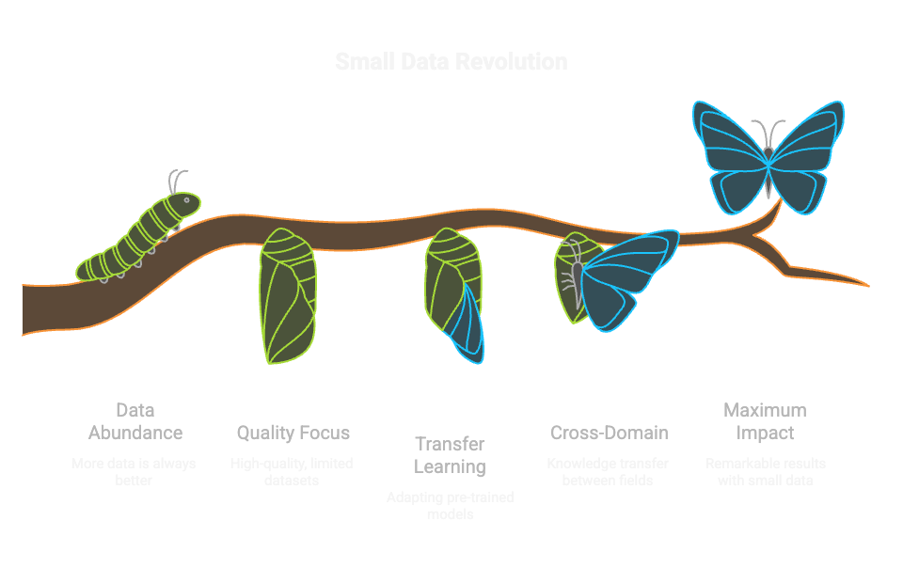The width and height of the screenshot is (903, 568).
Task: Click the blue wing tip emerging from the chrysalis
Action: click(x=468, y=325)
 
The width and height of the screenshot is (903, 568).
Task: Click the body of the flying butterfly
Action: click(x=769, y=160)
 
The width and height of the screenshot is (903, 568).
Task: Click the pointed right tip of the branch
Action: click(x=863, y=284)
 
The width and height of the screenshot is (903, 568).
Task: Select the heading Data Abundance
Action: click(x=135, y=421)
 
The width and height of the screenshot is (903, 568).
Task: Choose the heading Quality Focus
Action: click(x=293, y=433)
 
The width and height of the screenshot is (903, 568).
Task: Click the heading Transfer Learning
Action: click(x=451, y=455)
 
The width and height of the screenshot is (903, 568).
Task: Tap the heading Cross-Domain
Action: click(x=609, y=433)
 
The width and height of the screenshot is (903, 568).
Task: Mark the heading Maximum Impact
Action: click(x=765, y=421)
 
